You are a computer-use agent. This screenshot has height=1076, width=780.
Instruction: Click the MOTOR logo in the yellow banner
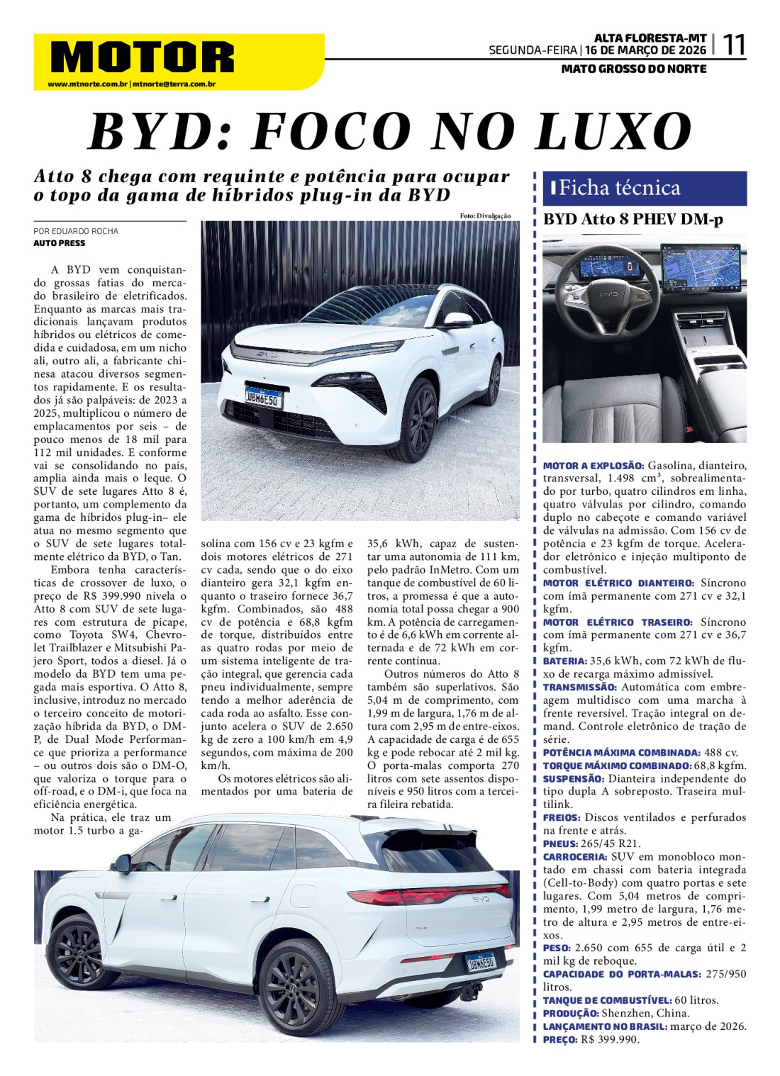pos(143,57)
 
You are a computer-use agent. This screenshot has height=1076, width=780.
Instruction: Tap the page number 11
pos(733,46)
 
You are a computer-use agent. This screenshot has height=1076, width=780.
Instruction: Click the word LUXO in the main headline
pos(613,132)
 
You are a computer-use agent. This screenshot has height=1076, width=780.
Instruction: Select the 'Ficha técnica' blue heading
pos(619,188)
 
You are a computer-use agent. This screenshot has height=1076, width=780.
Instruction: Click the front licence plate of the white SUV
pos(263,398)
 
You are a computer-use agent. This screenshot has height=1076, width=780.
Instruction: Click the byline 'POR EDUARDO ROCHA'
pos(76,231)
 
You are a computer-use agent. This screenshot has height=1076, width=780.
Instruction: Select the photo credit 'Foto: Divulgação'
pos(485,215)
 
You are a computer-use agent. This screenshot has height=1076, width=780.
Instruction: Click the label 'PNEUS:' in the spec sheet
pos(560,844)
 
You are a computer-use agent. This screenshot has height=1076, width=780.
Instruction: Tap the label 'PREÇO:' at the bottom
pos(560,1039)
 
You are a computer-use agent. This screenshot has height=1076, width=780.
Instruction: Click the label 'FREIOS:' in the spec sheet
pos(562,817)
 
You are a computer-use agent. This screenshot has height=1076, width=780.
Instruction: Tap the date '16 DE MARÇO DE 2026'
pos(645,50)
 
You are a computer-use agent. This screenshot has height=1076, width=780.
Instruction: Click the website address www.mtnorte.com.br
pos(87,84)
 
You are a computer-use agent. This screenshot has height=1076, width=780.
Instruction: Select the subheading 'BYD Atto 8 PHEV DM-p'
pos(633,220)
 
